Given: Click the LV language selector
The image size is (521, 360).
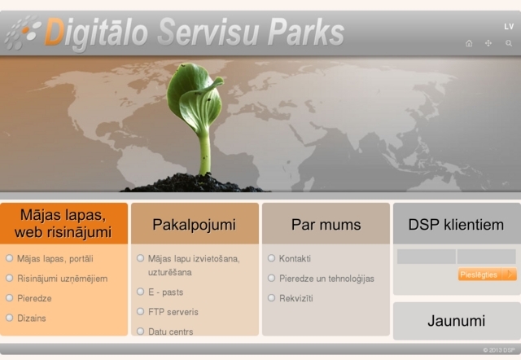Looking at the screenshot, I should tap(509, 26).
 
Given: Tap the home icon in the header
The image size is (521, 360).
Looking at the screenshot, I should tap(469, 43).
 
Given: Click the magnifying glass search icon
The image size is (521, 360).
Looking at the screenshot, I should tap(509, 43).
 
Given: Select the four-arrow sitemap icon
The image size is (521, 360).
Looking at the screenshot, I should tap(488, 43).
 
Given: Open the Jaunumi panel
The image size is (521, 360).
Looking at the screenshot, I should tap(456, 321).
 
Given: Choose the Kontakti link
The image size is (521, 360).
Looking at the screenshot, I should tap(295, 259).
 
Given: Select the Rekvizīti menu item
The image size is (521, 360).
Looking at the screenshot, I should tap(296, 298).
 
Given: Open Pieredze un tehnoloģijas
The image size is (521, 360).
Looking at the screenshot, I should tap(326, 279).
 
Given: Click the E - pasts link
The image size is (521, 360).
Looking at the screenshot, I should tap(165, 292).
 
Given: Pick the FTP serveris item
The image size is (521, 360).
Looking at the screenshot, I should tap(173, 312).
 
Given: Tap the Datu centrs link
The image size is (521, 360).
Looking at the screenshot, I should tap(170, 331).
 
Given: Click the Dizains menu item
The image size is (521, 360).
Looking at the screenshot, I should tap(32, 318).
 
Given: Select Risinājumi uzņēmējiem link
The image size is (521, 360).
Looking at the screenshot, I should tap(62, 279).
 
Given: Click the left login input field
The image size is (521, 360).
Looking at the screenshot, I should tap(426, 257).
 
